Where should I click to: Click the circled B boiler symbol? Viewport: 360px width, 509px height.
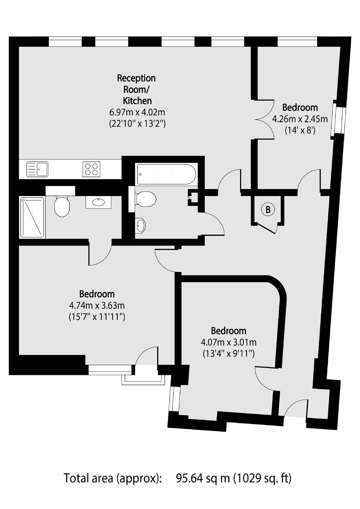click(x=268, y=209)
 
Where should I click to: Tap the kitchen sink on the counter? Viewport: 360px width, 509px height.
click(x=38, y=169)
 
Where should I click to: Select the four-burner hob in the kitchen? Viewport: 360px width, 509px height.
click(x=92, y=169)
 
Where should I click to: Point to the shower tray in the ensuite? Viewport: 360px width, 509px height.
click(x=32, y=218)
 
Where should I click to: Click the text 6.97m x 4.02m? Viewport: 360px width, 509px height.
click(x=137, y=112)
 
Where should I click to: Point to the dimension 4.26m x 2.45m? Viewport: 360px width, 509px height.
click(x=300, y=119)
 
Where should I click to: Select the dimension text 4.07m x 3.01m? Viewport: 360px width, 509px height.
click(x=228, y=342)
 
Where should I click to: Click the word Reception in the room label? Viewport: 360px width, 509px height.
click(x=136, y=78)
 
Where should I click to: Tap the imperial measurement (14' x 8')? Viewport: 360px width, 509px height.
click(x=300, y=131)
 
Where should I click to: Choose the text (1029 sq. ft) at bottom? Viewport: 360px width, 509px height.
click(x=262, y=478)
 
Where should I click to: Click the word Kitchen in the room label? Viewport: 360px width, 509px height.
click(x=137, y=101)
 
